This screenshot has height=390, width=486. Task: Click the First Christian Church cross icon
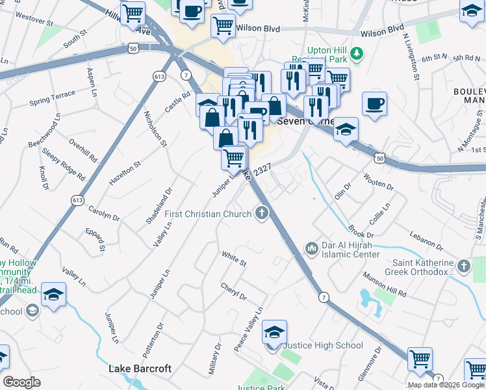click(262, 213)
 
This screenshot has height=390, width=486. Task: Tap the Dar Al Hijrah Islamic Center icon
click(311, 248)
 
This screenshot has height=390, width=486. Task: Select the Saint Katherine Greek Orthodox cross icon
click(463, 266)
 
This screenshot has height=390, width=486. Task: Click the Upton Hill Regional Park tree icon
click(355, 53)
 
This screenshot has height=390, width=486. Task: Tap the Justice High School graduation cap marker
click(275, 333)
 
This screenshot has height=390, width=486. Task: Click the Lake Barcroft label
click(140, 369)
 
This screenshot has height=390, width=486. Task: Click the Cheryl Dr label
click(233, 291)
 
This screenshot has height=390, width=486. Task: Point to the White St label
click(234, 259)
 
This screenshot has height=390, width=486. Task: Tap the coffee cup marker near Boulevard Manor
click(374, 104)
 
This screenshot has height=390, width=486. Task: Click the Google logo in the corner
click(21, 382)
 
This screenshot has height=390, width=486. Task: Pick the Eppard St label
click(95, 239)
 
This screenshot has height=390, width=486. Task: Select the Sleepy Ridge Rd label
click(63, 165)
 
